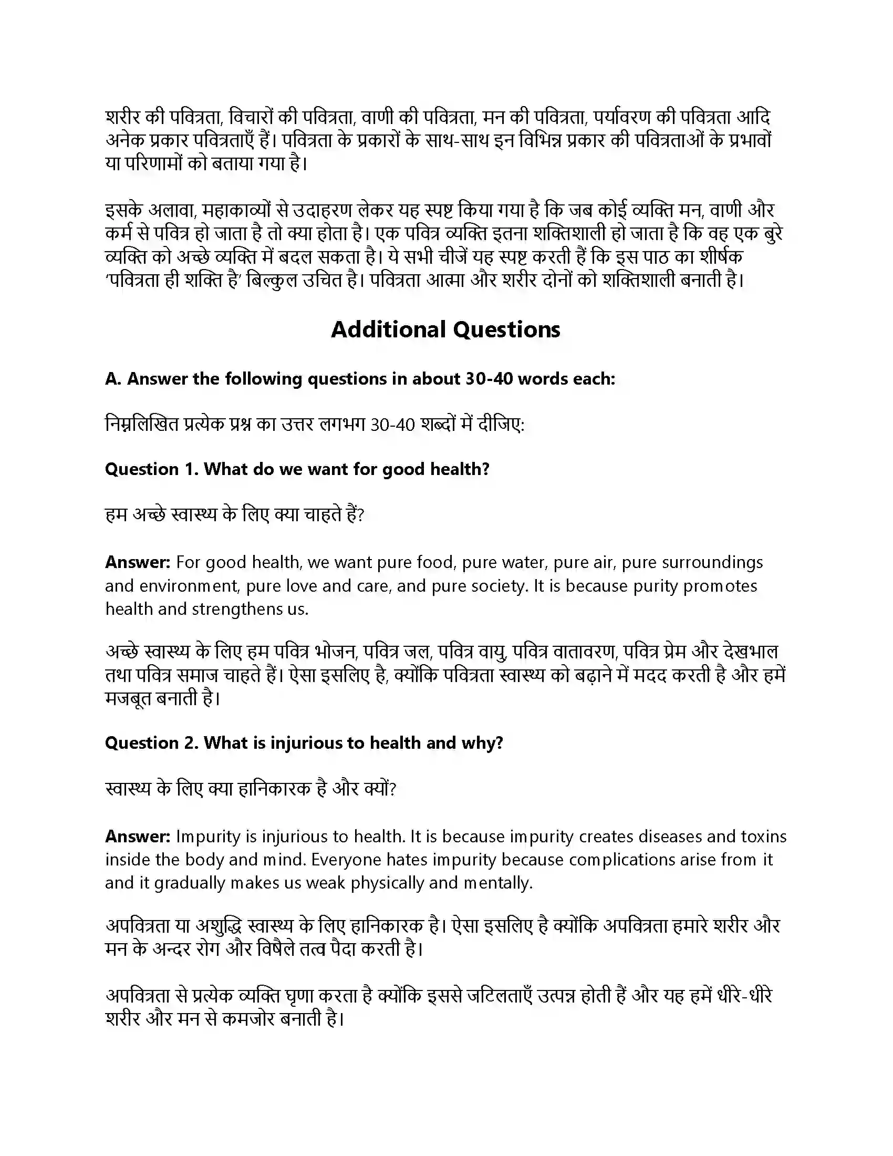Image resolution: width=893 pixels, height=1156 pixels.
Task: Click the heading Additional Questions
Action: coord(445,329)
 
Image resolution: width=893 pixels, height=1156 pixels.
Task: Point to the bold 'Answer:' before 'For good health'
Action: coord(138,562)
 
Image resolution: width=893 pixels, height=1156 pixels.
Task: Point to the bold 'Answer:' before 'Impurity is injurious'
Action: coord(138,837)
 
